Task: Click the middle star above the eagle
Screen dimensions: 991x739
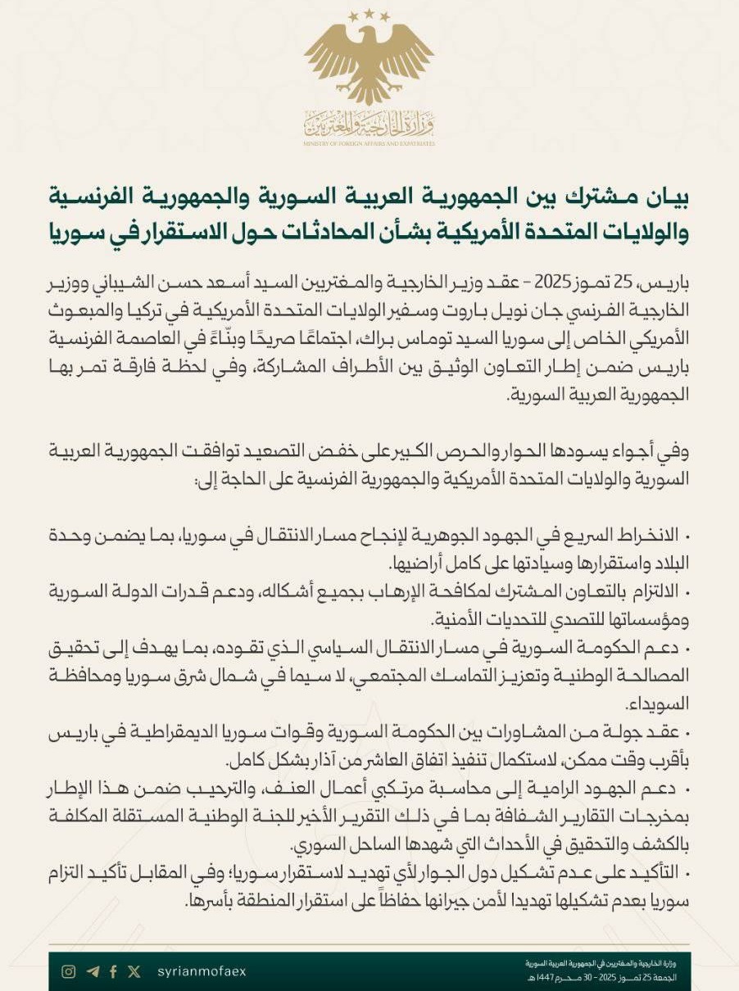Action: pos(370,14)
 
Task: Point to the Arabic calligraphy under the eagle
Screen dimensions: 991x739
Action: pos(369,124)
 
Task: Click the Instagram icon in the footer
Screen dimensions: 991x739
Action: pos(69,971)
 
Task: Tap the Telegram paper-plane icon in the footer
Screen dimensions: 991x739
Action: pos(93,971)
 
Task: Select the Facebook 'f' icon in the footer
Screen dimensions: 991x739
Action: pos(113,971)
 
